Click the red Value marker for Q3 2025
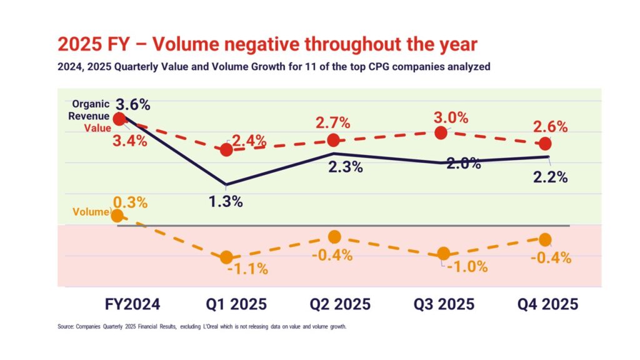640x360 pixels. coord(441,132)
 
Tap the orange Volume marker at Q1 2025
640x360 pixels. coord(226,257)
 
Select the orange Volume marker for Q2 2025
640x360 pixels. coord(334,237)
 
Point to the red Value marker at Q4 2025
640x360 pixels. coord(545,144)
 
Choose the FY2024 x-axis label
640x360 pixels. coord(132,304)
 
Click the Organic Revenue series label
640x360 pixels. coord(91,110)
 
